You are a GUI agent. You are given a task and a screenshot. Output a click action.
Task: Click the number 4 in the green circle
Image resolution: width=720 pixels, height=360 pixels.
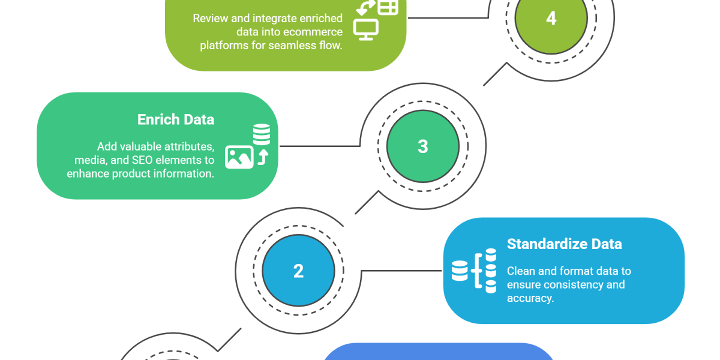[551, 19]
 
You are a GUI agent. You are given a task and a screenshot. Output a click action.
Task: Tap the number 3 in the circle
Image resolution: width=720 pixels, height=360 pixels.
[423, 146]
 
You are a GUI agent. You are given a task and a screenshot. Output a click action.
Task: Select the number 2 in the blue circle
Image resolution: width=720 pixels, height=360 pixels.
[298, 271]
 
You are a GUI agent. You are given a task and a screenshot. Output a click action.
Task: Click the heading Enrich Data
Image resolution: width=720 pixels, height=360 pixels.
[176, 119]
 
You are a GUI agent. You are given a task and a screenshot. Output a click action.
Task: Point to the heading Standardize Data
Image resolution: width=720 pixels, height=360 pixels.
[564, 244]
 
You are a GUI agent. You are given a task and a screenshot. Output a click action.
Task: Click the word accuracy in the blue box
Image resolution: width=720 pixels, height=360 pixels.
[530, 298]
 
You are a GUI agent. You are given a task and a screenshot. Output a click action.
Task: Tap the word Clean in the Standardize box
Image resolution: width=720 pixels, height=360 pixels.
[521, 271]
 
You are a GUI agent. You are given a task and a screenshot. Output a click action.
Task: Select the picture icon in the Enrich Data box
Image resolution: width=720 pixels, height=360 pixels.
[239, 157]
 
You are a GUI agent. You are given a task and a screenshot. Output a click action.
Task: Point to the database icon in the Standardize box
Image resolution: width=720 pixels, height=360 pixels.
[460, 271]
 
